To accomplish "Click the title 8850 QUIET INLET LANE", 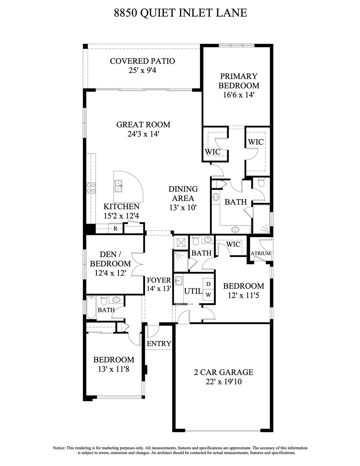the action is [180, 13].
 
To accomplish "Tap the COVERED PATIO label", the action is [143, 61].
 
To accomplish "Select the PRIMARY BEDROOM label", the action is [239, 81].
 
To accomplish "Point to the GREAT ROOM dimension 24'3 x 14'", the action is [143, 134].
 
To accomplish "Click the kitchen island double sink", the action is [118, 186].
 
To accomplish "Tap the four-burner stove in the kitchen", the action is [91, 187].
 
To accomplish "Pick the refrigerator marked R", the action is [115, 229].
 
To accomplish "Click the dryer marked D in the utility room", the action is [208, 284].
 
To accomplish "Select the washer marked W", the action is [208, 295].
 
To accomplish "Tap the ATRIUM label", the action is [261, 253].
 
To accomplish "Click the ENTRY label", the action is [159, 343].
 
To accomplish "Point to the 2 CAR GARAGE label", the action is [224, 372].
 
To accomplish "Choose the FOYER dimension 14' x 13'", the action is [159, 289].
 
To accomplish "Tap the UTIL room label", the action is [193, 291].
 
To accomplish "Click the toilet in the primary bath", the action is [261, 183].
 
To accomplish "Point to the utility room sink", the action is [179, 280].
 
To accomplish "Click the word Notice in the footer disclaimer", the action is [59, 448].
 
